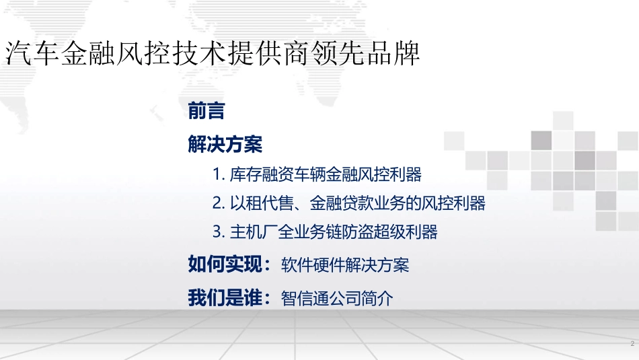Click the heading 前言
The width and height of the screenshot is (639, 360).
[x=207, y=111]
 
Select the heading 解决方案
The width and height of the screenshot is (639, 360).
[x=225, y=143]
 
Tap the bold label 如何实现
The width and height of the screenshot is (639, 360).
[x=229, y=264]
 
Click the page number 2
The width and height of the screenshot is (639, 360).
[x=632, y=345]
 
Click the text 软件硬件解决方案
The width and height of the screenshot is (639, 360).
[x=345, y=265]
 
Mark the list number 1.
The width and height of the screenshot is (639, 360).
[x=217, y=175]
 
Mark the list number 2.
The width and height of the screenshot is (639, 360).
[x=217, y=203]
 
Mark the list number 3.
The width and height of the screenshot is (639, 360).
[x=217, y=232]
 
